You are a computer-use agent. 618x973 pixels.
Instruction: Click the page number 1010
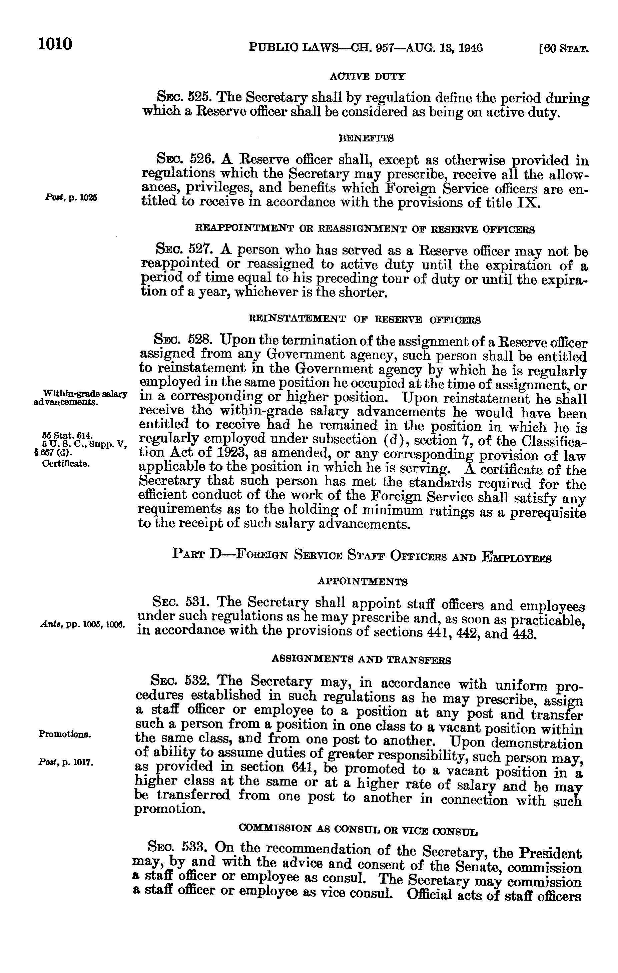tap(55, 44)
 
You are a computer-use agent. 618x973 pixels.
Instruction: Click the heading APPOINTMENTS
tap(362, 582)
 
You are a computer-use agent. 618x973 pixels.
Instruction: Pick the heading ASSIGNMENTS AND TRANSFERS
tap(362, 660)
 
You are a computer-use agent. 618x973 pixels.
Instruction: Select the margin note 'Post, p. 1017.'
tap(66, 763)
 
